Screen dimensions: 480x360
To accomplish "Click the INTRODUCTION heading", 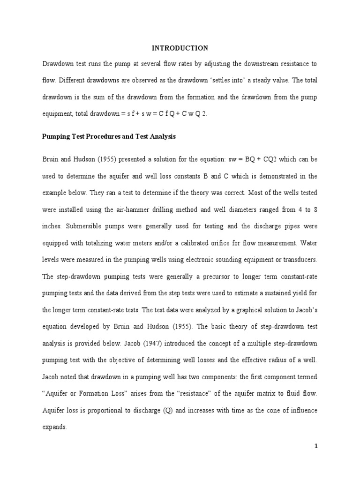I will (180, 48).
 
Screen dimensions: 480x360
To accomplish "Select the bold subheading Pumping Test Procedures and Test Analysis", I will (109, 137).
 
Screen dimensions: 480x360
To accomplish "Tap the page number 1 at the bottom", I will (316, 446).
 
